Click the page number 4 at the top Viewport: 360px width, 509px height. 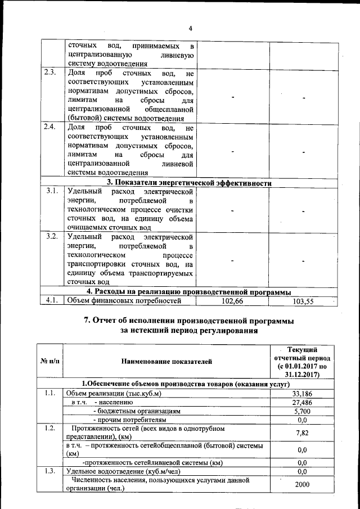[191, 29]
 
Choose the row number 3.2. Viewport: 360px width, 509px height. [51, 236]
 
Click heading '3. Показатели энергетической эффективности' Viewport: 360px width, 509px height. [190, 183]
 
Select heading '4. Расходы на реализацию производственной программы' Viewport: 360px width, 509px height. [188, 291]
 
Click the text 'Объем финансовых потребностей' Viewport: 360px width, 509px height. [124, 301]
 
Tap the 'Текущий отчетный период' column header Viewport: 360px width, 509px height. [302, 361]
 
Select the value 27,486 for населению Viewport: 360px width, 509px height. [302, 403]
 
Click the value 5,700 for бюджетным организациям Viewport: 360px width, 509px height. [302, 411]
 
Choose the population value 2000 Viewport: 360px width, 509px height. [302, 485]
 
